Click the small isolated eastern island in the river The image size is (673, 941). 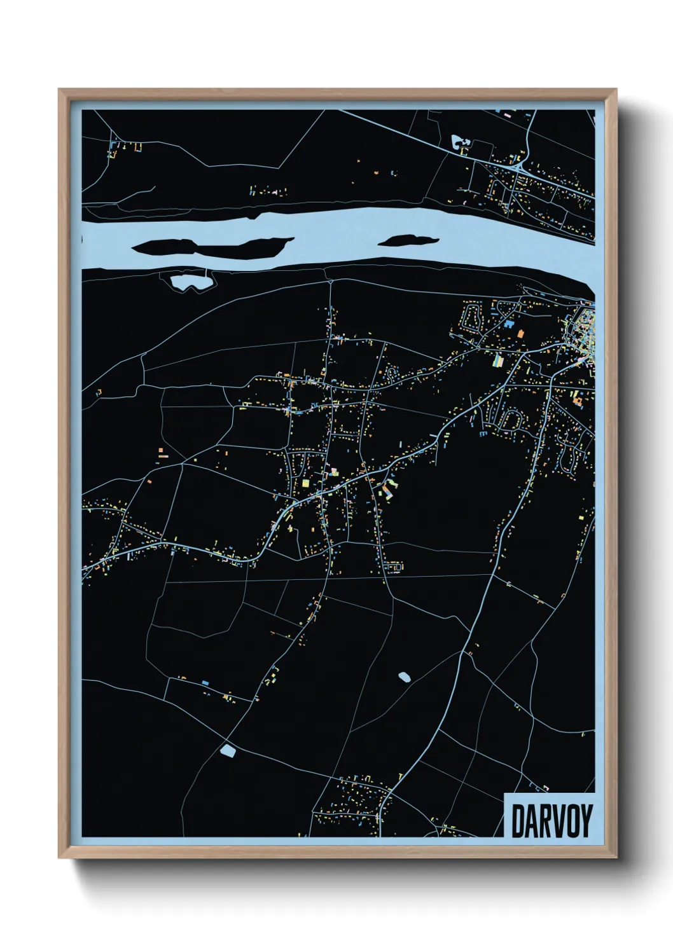[408, 240]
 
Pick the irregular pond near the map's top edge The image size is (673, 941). [459, 142]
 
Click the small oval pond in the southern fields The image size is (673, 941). [404, 677]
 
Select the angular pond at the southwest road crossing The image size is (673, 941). [228, 752]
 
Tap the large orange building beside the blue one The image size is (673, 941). [520, 333]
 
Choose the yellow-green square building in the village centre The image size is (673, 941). [305, 483]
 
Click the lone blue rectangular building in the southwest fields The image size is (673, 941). [205, 682]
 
